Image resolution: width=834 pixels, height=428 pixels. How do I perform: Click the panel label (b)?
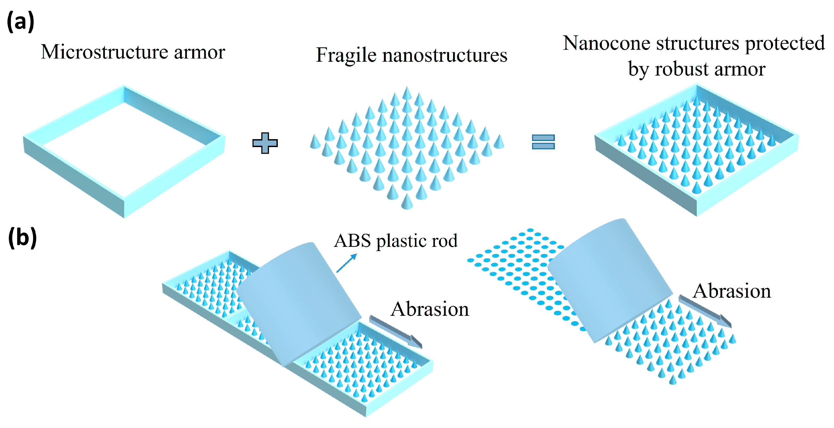22,238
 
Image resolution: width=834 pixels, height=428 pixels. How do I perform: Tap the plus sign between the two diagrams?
265,143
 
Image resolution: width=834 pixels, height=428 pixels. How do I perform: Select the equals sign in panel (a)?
543,142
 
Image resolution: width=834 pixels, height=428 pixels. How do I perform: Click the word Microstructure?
104,52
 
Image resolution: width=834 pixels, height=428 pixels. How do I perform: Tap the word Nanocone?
606,43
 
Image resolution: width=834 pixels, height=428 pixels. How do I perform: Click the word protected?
785,44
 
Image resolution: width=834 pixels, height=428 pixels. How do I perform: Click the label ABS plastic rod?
396,241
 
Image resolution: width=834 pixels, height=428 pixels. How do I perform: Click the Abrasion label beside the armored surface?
430,309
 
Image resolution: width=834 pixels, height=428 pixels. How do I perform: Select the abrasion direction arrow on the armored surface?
396,332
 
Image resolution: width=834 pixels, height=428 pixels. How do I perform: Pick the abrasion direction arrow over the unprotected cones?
705,311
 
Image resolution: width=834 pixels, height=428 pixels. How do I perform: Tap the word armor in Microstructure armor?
199,52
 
